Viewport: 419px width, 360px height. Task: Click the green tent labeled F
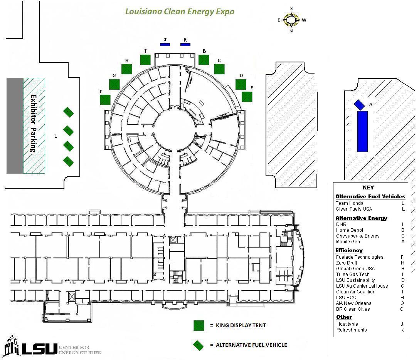pyautogui.click(x=105, y=100)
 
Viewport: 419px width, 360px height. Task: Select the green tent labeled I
pyautogui.click(x=145, y=60)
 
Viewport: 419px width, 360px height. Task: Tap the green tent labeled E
pyautogui.click(x=247, y=97)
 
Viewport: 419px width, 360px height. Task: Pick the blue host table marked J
pyautogui.click(x=165, y=45)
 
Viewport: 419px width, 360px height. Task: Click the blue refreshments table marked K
pyautogui.click(x=185, y=45)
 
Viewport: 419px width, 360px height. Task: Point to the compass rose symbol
pyautogui.click(x=291, y=19)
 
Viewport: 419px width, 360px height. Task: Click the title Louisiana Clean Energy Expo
pyautogui.click(x=180, y=11)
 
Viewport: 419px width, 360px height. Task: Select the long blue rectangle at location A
pyautogui.click(x=362, y=131)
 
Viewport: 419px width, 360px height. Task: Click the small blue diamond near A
pyautogui.click(x=359, y=104)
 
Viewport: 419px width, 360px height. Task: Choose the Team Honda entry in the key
pyautogui.click(x=349, y=203)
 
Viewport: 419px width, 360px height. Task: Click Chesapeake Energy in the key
pyautogui.click(x=358, y=236)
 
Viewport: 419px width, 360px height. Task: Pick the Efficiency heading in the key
pyautogui.click(x=349, y=250)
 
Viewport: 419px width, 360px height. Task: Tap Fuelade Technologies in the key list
pyautogui.click(x=360, y=257)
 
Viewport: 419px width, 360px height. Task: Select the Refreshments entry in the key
pyautogui.click(x=352, y=330)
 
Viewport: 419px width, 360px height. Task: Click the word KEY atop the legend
pyautogui.click(x=368, y=188)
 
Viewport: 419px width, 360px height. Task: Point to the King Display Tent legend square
pyautogui.click(x=199, y=325)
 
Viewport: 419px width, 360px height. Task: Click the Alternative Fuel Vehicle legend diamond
pyautogui.click(x=199, y=345)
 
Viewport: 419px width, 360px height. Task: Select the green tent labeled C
pyautogui.click(x=219, y=69)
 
